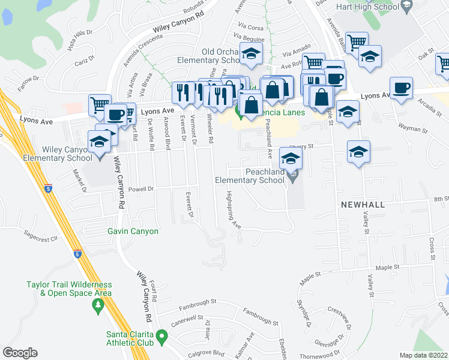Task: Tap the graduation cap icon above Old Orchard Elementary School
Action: tap(251, 55)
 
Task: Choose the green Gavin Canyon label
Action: tap(133, 231)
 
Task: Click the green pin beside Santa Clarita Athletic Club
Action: tap(161, 338)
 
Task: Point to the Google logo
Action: tap(20, 353)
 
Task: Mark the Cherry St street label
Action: tap(301, 146)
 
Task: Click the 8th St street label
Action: tap(441, 199)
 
